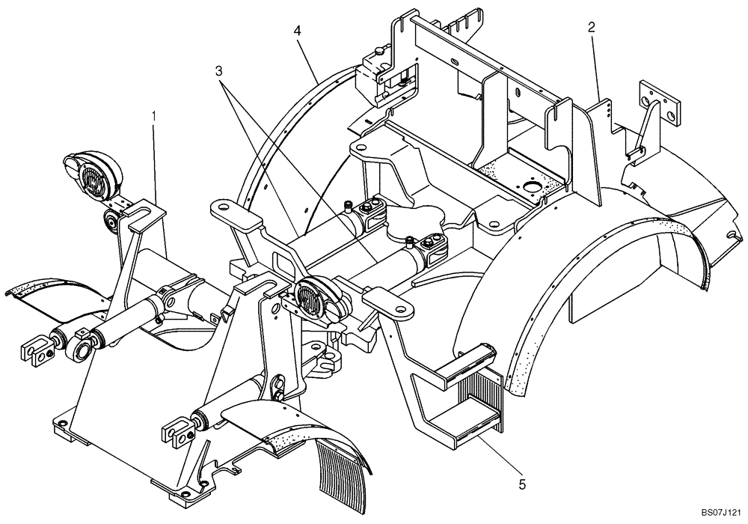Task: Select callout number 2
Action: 592,28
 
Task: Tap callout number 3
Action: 218,71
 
